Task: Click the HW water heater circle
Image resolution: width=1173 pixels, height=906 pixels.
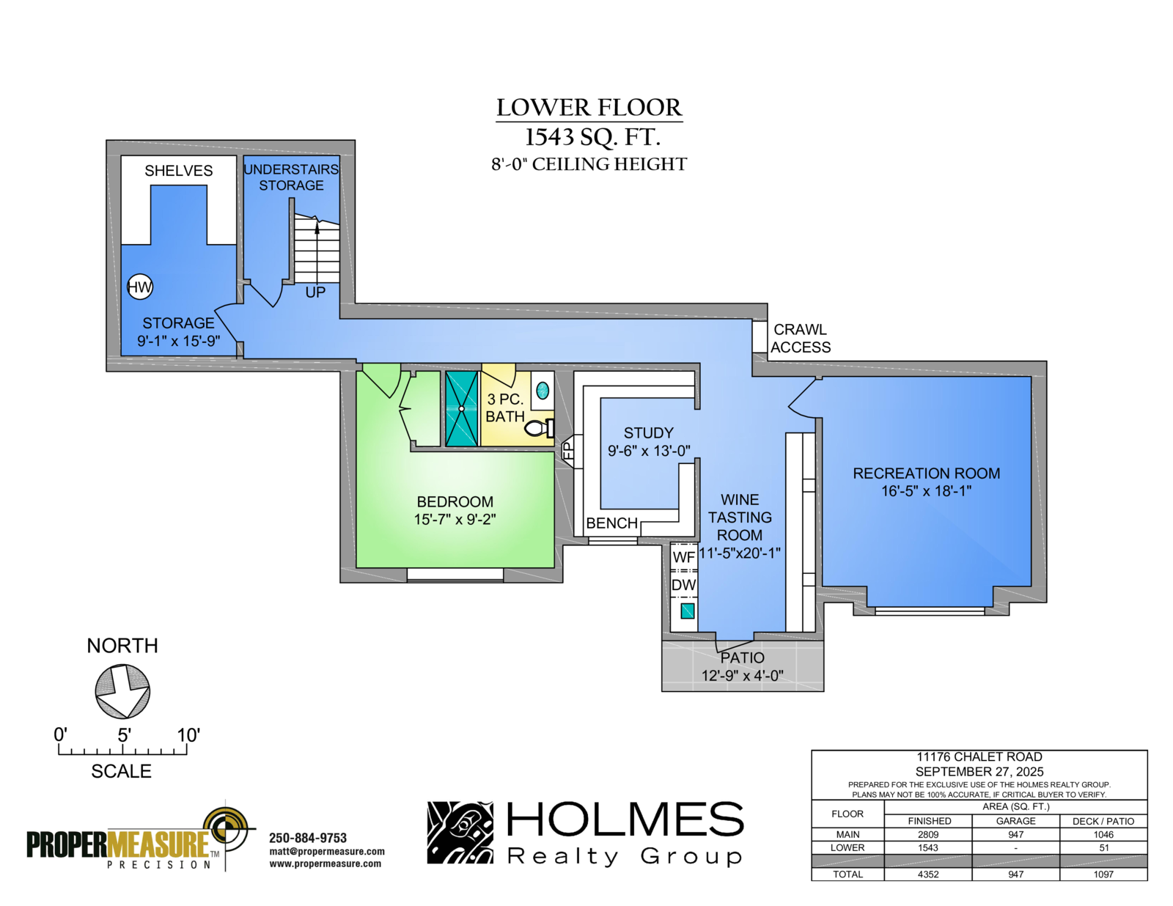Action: (140, 287)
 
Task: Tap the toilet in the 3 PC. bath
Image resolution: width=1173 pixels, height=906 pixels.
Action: (540, 428)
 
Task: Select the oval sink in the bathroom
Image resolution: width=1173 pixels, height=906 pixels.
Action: (543, 390)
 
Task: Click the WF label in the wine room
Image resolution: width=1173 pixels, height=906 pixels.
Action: (683, 557)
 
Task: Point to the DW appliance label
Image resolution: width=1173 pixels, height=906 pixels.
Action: (683, 585)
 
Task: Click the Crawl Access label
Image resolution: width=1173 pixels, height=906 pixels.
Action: (801, 339)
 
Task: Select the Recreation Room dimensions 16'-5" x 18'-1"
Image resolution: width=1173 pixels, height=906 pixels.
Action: (927, 491)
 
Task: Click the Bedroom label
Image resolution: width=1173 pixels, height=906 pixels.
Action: (455, 502)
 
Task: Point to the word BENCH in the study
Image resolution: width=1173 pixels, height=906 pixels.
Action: (612, 523)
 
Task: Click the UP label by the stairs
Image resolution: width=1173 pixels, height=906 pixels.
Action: (315, 292)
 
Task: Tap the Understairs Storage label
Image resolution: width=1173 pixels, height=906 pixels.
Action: (291, 177)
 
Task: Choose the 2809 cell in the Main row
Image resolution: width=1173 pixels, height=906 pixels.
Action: (928, 834)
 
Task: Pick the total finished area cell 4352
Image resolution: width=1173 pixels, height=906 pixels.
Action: (928, 874)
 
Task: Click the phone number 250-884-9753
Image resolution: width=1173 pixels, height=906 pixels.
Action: (308, 838)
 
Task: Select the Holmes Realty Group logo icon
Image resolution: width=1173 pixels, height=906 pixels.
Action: (460, 833)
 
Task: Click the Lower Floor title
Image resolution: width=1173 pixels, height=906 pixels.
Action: (589, 107)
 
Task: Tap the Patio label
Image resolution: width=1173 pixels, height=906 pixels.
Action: (742, 658)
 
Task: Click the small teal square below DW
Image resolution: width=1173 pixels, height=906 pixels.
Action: (687, 611)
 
